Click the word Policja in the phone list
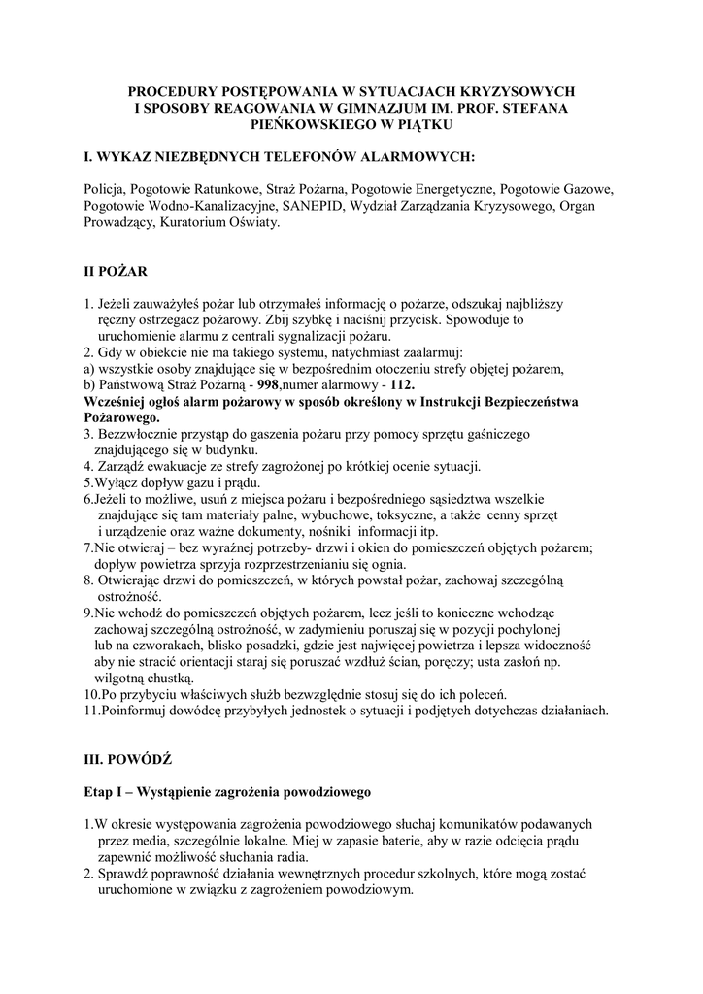[x=103, y=189]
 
